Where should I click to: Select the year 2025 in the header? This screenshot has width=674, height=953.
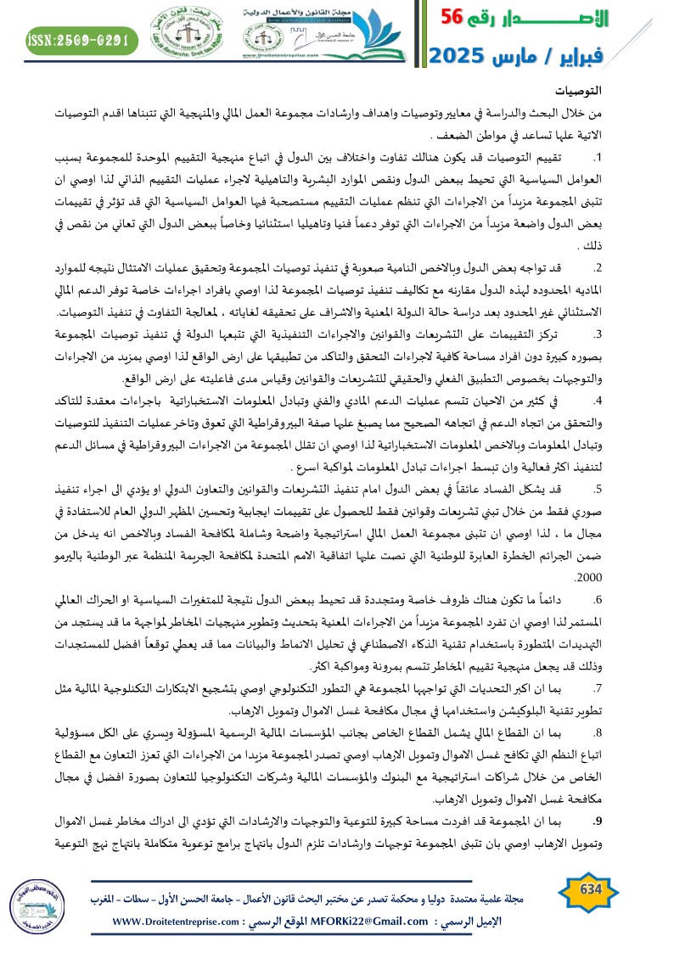click(x=463, y=57)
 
